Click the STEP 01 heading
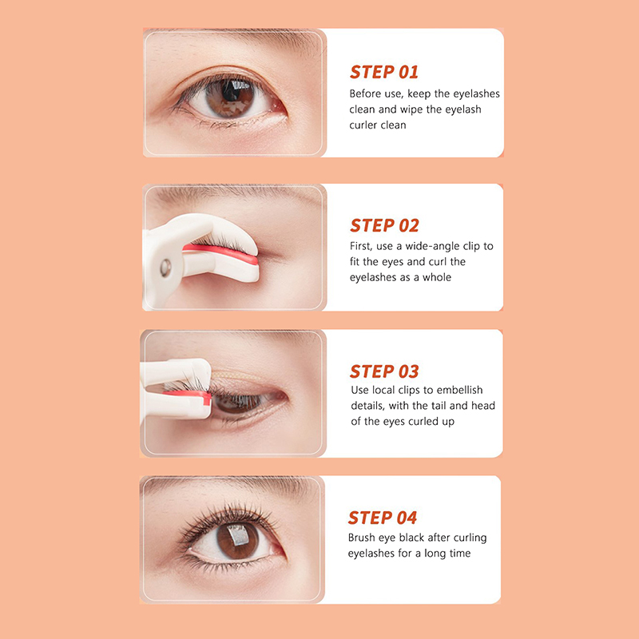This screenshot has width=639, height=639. tap(384, 72)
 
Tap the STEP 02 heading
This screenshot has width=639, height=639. tap(384, 225)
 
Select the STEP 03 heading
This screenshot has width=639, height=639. tap(384, 371)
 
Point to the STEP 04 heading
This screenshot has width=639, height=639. tap(383, 518)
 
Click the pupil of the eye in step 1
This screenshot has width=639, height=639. tap(231, 93)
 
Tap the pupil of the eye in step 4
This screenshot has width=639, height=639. tap(237, 537)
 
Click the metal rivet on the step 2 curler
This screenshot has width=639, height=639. tap(165, 268)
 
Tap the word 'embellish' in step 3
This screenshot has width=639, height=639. tap(459, 390)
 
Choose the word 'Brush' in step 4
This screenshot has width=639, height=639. tap(362, 538)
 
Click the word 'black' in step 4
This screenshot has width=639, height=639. tap(411, 538)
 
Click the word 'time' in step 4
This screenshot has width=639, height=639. tap(459, 554)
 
